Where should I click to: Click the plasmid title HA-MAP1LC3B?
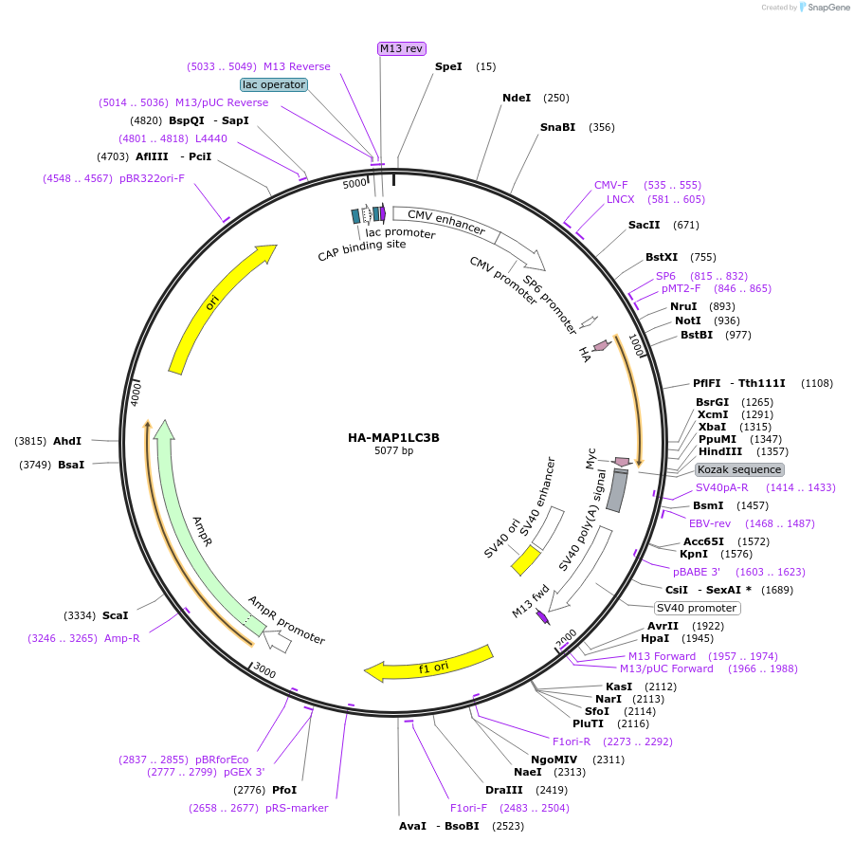click(x=393, y=438)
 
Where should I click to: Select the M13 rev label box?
click(x=402, y=48)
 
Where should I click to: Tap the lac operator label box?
click(x=274, y=84)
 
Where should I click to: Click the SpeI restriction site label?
click(x=448, y=66)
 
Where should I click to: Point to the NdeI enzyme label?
click(x=517, y=98)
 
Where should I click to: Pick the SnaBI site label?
click(x=557, y=127)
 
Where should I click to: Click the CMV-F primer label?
click(x=611, y=185)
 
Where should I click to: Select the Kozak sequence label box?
click(x=739, y=469)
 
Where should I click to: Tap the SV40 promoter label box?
click(x=697, y=608)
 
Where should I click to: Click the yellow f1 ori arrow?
click(x=431, y=665)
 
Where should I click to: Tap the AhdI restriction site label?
click(x=67, y=441)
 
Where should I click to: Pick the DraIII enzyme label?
click(x=504, y=789)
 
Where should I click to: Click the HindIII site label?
click(x=720, y=451)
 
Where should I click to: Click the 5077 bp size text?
click(x=393, y=451)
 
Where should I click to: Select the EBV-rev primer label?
click(x=710, y=523)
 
